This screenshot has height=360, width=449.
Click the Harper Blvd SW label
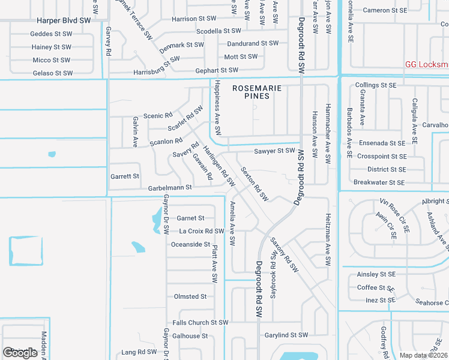pyautogui.click(x=63, y=20)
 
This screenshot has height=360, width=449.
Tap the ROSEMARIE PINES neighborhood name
pyautogui.click(x=256, y=92)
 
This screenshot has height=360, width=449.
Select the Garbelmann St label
pyautogui.click(x=170, y=188)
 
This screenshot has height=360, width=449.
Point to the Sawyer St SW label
pyautogui.click(x=274, y=151)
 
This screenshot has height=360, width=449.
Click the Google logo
pyautogui.click(x=20, y=353)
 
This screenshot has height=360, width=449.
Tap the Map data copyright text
pyautogui.click(x=424, y=355)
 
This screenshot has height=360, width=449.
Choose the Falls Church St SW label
pyautogui.click(x=200, y=323)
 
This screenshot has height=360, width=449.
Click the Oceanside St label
pyautogui.click(x=190, y=245)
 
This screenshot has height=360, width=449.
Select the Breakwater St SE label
pyautogui.click(x=380, y=182)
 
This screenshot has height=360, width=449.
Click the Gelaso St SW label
pyautogui.click(x=53, y=73)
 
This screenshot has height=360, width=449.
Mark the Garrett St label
pyautogui.click(x=125, y=176)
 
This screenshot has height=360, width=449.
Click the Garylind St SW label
pyautogui.click(x=286, y=335)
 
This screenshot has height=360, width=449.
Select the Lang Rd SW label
pyautogui.click(x=139, y=352)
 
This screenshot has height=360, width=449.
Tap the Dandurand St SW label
pyautogui.click(x=253, y=44)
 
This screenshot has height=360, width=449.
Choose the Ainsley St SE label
pyautogui.click(x=376, y=274)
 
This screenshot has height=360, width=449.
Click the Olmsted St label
pyautogui.click(x=190, y=296)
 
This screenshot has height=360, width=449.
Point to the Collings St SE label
pyautogui.click(x=376, y=86)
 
